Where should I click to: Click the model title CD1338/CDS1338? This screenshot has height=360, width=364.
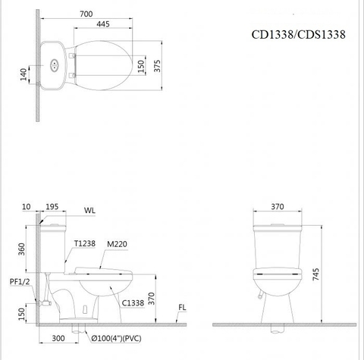pyautogui.click(x=299, y=35)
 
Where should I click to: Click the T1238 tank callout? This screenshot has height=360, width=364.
pyautogui.click(x=85, y=243)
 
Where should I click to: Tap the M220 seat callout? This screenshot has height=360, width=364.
pyautogui.click(x=117, y=243)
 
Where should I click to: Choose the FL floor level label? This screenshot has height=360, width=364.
pyautogui.click(x=182, y=308)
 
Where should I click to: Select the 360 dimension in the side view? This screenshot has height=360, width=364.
pyautogui.click(x=23, y=247)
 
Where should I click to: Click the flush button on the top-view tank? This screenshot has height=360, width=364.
pyautogui.click(x=53, y=64)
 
